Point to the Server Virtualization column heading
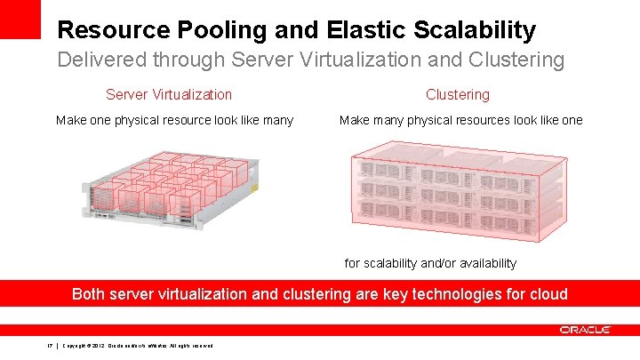coord(169,94)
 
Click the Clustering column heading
coord(458,94)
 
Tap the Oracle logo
coord(585,330)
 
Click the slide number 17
coord(50,346)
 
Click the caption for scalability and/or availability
coord(430,263)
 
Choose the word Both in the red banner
coord(89,293)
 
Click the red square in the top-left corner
coord(20,18)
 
